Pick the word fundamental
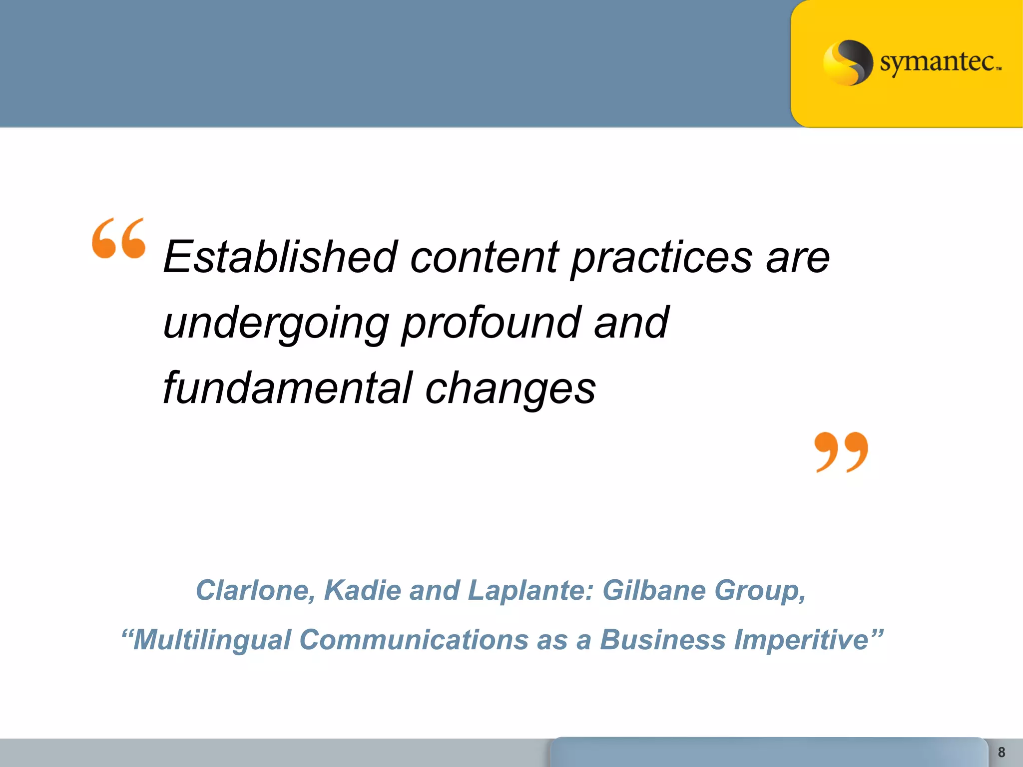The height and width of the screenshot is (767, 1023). coord(288,388)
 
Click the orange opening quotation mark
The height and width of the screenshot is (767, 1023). coord(119,238)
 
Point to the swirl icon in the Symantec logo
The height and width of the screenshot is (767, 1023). coord(848,62)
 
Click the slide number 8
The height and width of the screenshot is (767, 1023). coord(1001,752)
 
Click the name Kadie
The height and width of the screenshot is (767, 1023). coord(362,590)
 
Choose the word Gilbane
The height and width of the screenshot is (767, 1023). coord(653,590)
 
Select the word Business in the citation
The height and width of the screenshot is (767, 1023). coord(662,640)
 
